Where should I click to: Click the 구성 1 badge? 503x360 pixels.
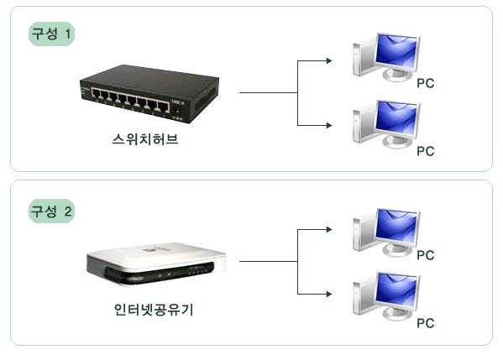pos(51,34)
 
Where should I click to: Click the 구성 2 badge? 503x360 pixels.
pos(51,211)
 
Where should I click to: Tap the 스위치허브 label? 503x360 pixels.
pos(145,139)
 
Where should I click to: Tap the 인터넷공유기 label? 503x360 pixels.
pos(154,310)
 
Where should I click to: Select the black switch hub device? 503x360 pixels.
pos(149,94)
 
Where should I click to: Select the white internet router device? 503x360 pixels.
pos(156,264)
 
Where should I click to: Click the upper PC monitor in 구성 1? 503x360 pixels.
pos(397,55)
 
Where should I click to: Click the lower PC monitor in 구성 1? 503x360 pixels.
pos(397,123)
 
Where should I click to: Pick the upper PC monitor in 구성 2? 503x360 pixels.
pos(397,231)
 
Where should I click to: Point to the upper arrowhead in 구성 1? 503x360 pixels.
pos(329,60)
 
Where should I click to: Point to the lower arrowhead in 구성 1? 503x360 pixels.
pos(329,125)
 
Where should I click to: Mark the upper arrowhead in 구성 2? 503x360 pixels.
pos(329,229)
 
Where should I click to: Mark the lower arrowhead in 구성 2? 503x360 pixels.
pos(329,294)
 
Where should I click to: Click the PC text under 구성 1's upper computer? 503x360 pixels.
pos(426,83)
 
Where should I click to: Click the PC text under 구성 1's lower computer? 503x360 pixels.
pos(426,151)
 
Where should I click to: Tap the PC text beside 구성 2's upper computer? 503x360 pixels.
pos(426,255)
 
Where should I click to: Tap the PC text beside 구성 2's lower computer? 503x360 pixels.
pos(426,323)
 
